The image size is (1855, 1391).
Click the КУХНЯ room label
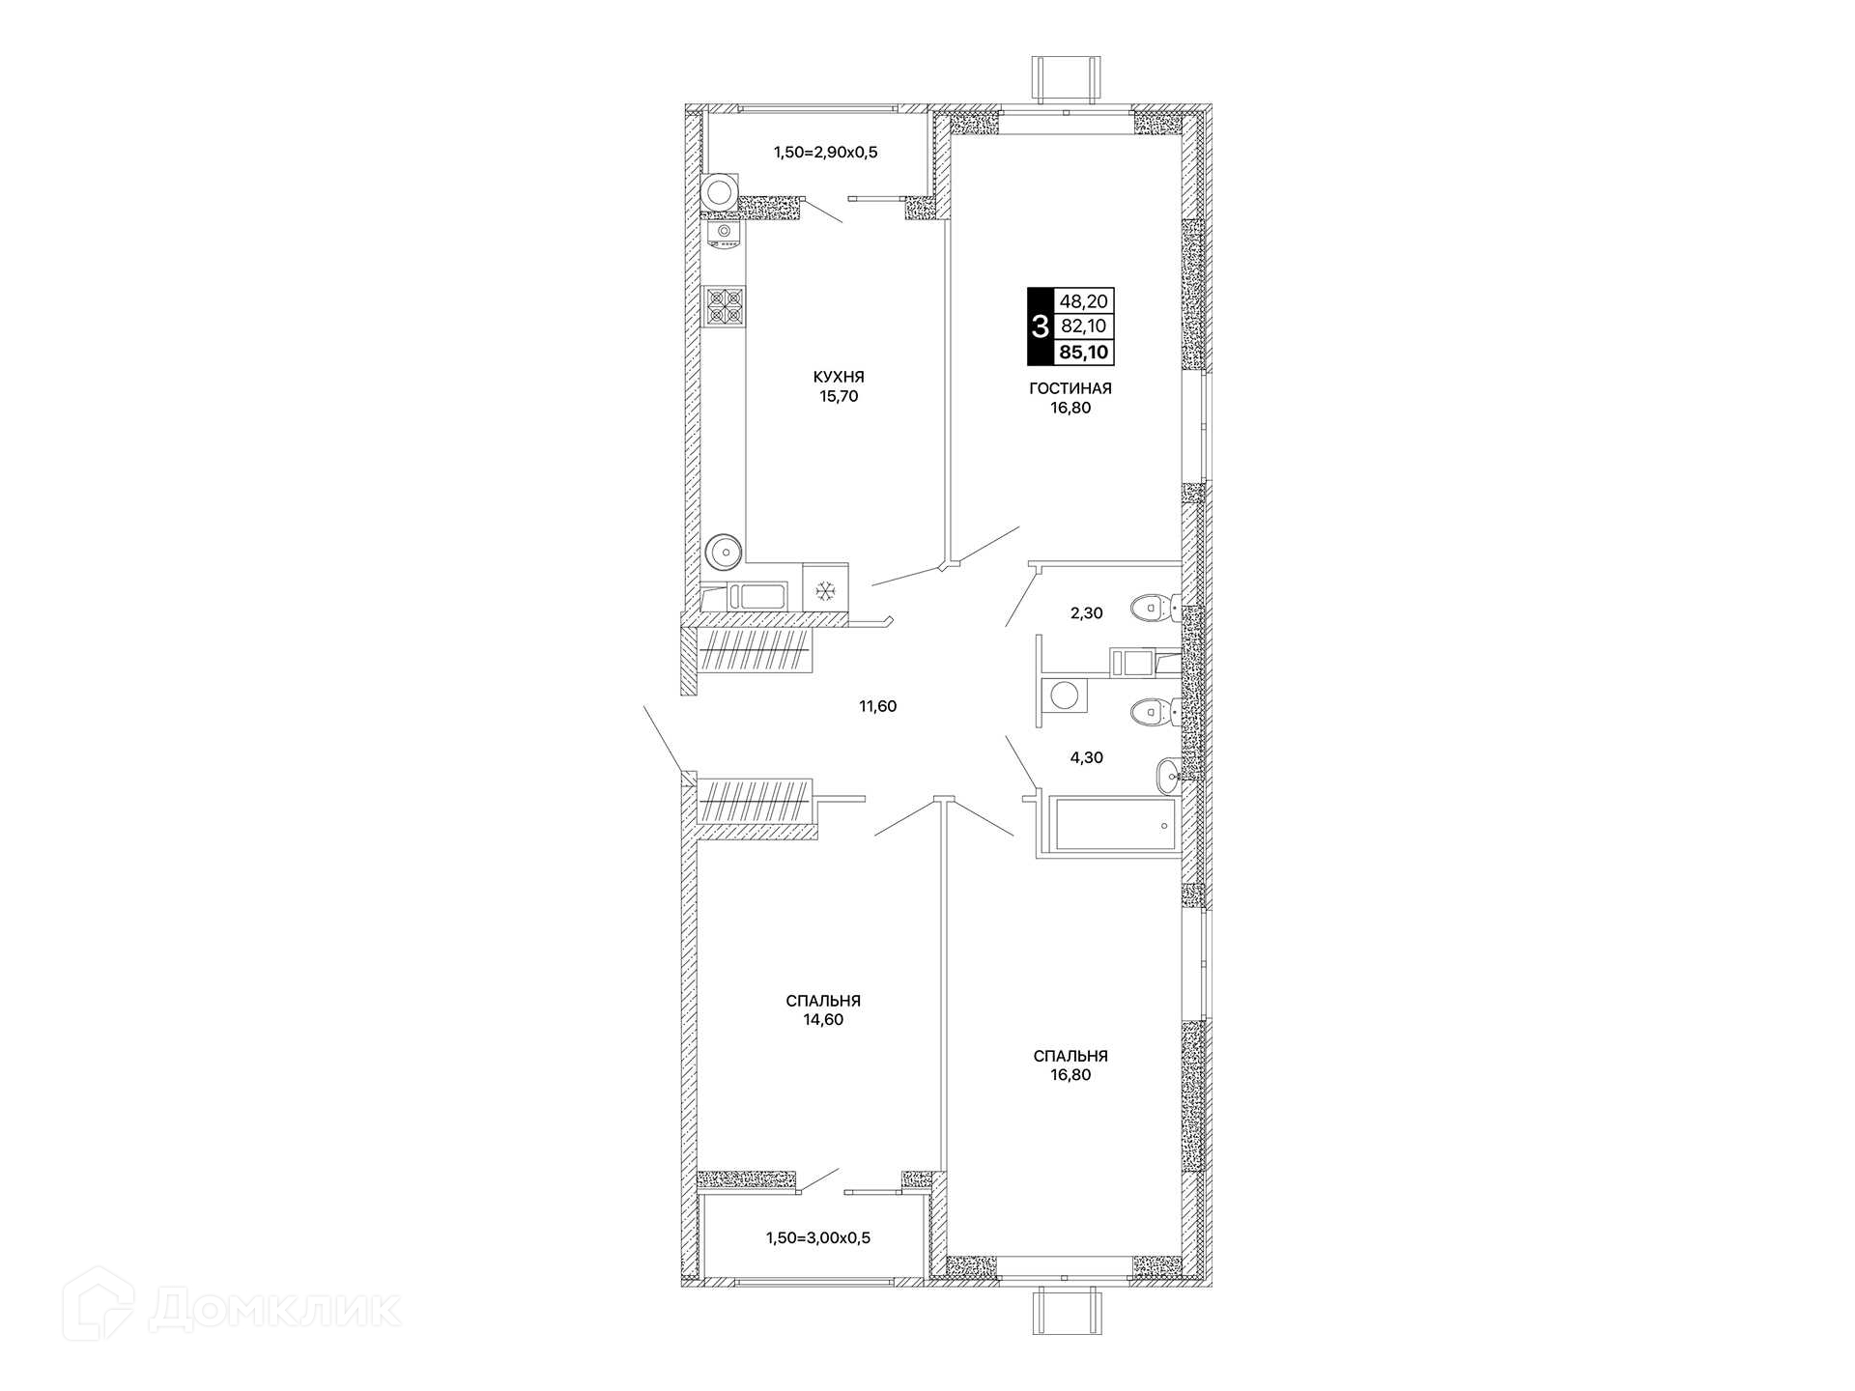coord(839,377)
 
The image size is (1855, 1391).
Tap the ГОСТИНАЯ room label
coord(1070,388)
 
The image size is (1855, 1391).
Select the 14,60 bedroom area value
coord(823,1019)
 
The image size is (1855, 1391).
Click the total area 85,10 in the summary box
coord(1084,353)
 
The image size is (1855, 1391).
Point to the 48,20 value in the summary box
coord(1084,301)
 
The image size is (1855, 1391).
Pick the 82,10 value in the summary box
coord(1084,326)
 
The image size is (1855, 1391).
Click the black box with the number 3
coord(1040,326)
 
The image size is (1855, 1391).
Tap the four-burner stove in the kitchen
coord(725,306)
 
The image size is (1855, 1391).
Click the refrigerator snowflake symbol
coord(825,591)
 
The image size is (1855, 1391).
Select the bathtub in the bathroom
coord(1117,823)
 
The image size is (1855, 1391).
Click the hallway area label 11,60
coord(878,706)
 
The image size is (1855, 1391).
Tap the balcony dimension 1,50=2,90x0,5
coord(825,152)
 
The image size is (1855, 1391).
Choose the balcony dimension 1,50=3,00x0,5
coord(818,1237)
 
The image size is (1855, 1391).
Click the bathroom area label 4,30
coord(1086,758)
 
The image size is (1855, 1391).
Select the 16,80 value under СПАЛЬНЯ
coord(1070,1075)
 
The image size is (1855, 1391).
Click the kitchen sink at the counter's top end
coord(722,235)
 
